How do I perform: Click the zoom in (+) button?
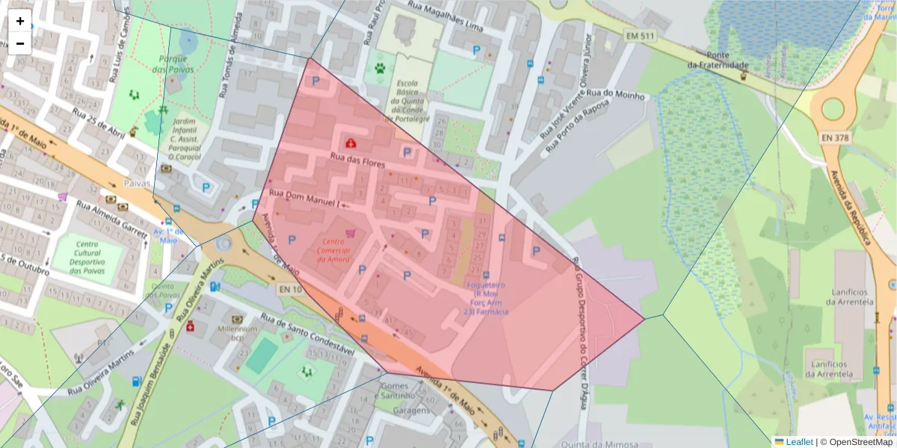click(20, 21)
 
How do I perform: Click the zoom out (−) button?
click(20, 43)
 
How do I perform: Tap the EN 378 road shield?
click(836, 137)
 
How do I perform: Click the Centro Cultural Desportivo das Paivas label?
click(87, 258)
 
